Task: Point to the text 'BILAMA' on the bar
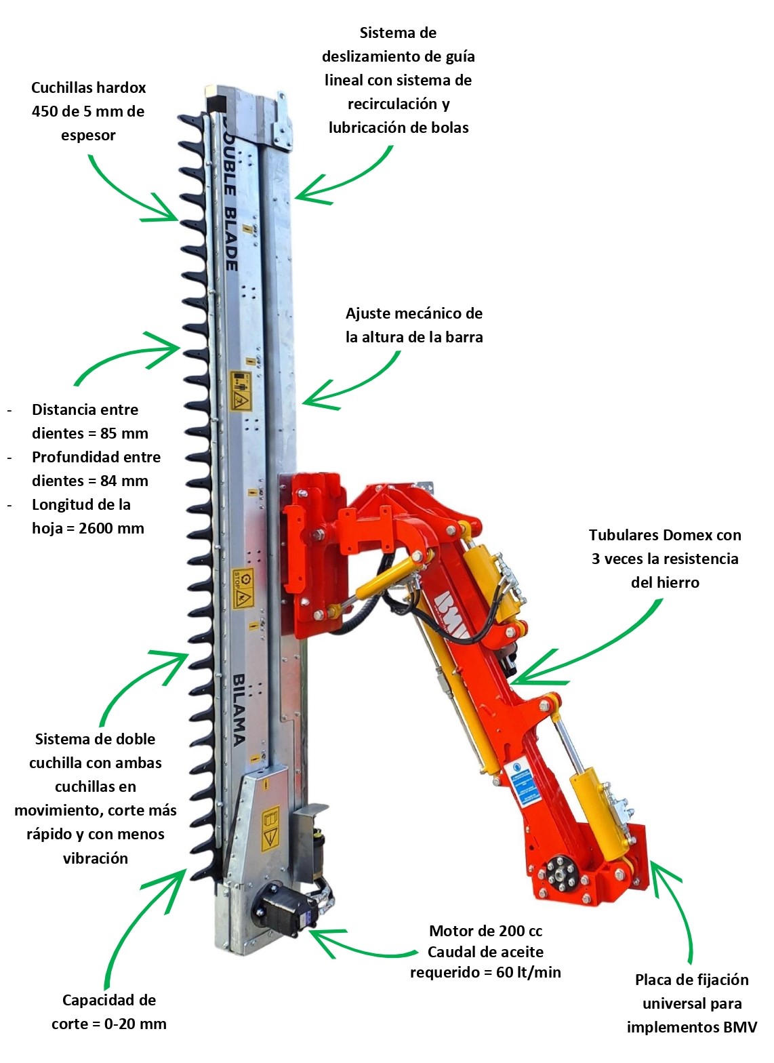(x=239, y=709)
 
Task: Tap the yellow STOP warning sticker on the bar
(x=243, y=588)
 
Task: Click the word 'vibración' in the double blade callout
(x=96, y=858)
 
